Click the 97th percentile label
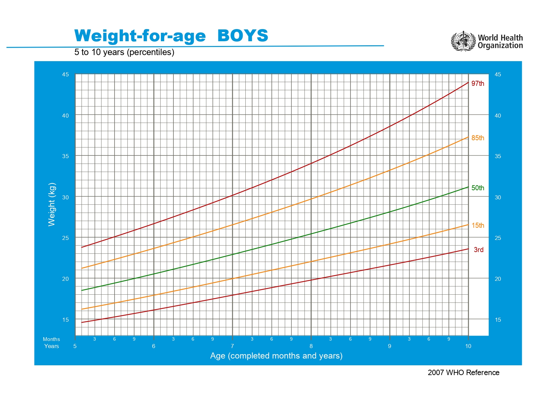(x=478, y=83)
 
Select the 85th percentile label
(x=478, y=138)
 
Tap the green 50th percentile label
(x=478, y=188)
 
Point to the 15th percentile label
(x=478, y=225)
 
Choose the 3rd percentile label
(x=478, y=250)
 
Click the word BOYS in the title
(x=242, y=36)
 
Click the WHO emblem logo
(x=463, y=41)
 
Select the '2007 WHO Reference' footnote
(x=463, y=372)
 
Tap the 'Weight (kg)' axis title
(x=51, y=204)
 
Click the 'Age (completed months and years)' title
(x=276, y=356)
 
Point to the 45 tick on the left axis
(x=65, y=74)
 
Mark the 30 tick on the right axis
(x=498, y=197)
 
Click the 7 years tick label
(x=232, y=346)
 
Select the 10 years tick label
(x=468, y=346)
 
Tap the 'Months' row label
(x=51, y=339)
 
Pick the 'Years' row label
(x=51, y=346)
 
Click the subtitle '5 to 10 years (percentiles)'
(x=124, y=52)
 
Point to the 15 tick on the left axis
(x=65, y=320)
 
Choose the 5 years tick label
(x=75, y=346)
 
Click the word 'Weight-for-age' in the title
(x=140, y=36)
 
